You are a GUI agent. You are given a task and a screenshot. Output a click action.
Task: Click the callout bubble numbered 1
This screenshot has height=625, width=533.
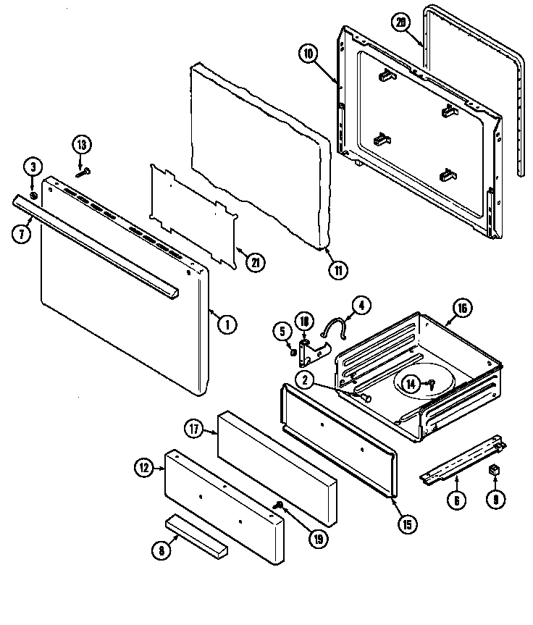(227, 325)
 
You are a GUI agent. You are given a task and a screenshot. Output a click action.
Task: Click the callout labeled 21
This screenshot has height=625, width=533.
(254, 263)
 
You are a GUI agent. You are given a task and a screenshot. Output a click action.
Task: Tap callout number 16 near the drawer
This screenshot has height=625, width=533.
(462, 309)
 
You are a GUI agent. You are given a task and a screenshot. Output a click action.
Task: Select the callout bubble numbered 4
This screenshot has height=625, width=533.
(360, 305)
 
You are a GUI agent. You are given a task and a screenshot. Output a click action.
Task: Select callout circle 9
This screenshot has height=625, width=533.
(495, 499)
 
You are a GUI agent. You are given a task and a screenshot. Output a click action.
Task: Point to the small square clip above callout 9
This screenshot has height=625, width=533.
(496, 470)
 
